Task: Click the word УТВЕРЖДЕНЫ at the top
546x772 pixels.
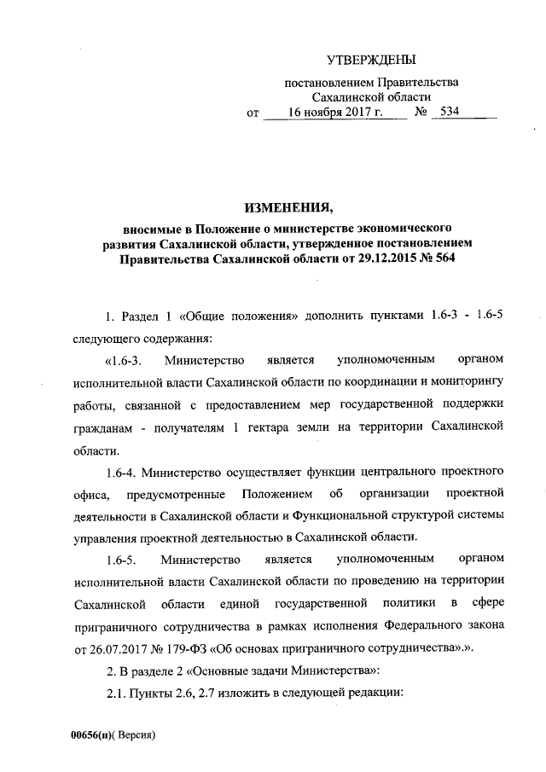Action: coord(372,60)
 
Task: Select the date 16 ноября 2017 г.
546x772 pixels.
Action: coord(335,113)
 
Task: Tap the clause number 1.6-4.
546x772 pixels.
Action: coord(118,470)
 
